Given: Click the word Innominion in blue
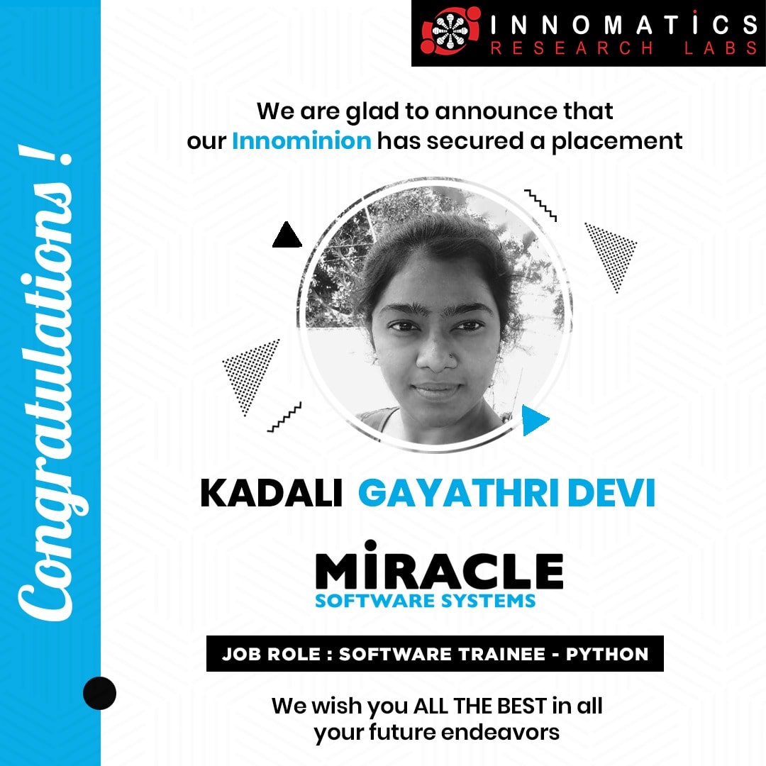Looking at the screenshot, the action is [x=301, y=141].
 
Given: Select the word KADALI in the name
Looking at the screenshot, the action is [x=271, y=493].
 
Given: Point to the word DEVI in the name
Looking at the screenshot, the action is [x=611, y=493].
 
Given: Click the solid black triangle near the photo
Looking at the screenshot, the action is [x=287, y=235].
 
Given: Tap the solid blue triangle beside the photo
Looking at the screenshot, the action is [x=535, y=420].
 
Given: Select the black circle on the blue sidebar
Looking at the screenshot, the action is [x=100, y=693].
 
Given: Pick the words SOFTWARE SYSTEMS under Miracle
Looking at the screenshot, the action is [x=425, y=601].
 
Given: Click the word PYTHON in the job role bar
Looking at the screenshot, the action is [x=606, y=654].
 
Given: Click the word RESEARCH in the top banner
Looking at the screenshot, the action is [x=572, y=48].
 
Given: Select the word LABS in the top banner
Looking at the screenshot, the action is [x=721, y=48].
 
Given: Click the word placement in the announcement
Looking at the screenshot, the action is [x=617, y=142].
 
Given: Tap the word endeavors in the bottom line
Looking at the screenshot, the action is [x=500, y=732].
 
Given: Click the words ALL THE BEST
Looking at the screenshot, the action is [x=480, y=706].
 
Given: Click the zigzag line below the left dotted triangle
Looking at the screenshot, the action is [x=284, y=418].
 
